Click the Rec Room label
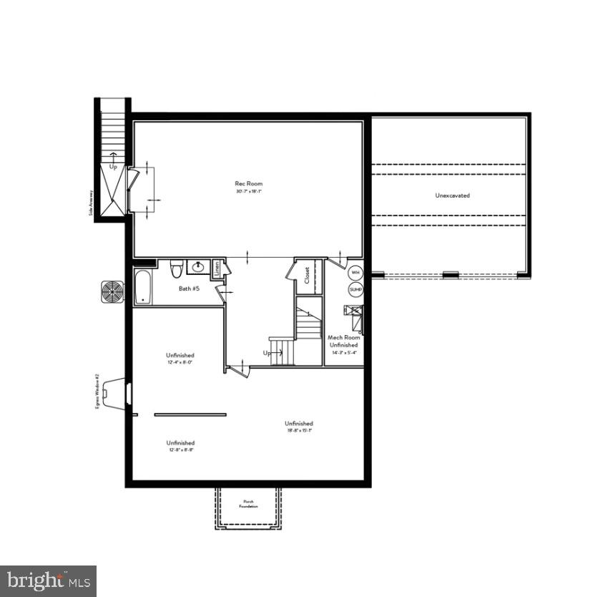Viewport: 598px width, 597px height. [250, 183]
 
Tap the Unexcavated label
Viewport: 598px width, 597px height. [452, 195]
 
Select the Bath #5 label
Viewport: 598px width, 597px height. [189, 289]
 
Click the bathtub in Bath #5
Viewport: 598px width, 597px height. [142, 288]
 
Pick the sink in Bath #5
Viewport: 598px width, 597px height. [197, 268]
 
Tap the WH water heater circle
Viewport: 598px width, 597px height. [356, 273]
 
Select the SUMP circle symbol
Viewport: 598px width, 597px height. [356, 289]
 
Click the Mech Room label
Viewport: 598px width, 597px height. [343, 337]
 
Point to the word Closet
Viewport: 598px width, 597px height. [307, 276]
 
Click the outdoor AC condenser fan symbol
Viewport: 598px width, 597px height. [113, 291]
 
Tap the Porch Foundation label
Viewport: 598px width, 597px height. [248, 504]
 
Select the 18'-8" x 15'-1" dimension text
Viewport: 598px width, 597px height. [298, 431]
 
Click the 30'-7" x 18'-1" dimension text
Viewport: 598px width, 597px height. [250, 191]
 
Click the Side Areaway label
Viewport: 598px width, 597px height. [90, 203]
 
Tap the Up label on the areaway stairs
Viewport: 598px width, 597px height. [113, 166]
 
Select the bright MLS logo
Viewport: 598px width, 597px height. [48, 581]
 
